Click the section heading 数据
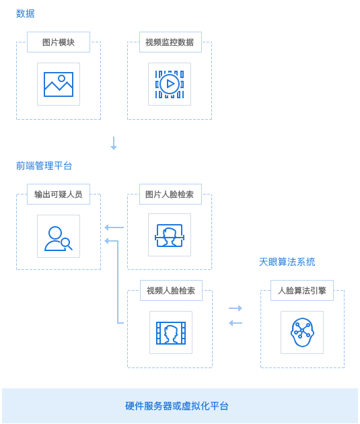26,13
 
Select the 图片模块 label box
59,42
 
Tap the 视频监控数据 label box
170,42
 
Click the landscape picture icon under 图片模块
59,84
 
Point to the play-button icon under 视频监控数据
170,84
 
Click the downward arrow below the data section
114,143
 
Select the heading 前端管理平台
44,166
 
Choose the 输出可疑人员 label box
59,194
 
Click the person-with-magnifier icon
59,238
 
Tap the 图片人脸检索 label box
170,194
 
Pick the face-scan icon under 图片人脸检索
170,236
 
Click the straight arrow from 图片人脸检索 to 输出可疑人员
114,227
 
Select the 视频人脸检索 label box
171,291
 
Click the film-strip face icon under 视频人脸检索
171,332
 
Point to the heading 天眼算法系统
287,262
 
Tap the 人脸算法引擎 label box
302,291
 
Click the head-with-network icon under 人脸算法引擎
302,332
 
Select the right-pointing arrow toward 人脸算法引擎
236,308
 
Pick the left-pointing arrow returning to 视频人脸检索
236,323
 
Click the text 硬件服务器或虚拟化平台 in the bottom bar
177,406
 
